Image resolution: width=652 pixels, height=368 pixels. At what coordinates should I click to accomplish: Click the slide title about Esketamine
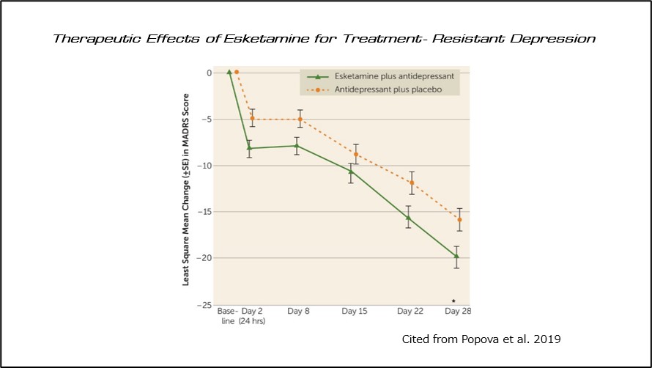325,38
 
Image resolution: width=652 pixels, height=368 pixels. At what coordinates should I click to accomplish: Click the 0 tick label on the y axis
208,73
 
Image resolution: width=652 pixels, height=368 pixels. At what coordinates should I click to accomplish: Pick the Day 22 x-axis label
410,312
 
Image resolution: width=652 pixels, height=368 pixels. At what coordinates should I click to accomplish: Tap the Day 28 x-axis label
458,312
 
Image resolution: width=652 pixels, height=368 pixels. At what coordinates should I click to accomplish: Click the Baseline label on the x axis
227,316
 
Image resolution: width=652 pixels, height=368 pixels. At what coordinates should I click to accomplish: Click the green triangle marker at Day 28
456,256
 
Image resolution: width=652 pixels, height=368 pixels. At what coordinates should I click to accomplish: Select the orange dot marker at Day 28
459,219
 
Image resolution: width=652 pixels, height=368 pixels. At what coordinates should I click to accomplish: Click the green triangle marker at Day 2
249,148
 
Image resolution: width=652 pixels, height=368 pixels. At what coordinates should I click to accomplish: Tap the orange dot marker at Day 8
300,119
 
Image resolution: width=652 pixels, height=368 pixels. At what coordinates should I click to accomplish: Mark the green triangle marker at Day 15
351,172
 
